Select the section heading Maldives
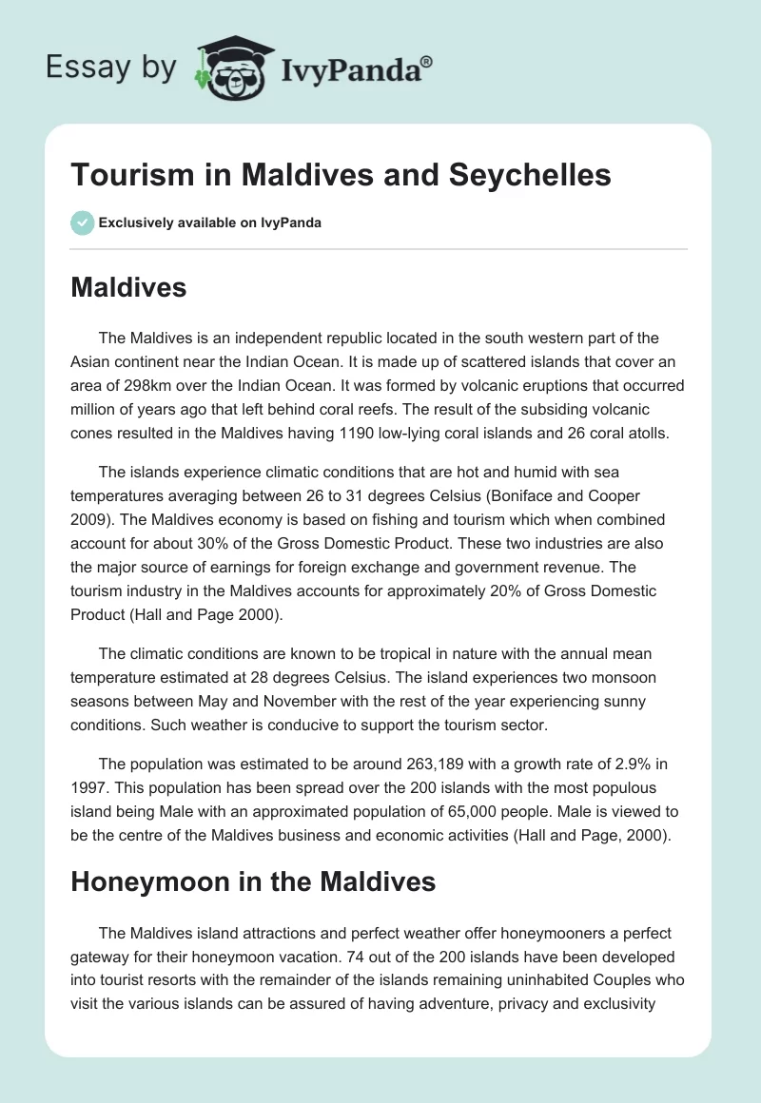click(x=128, y=287)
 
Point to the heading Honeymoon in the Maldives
click(x=253, y=881)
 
